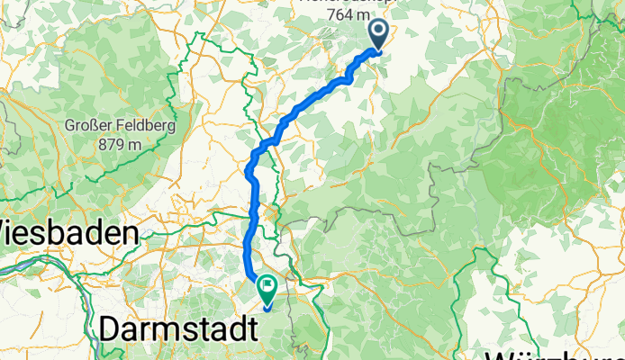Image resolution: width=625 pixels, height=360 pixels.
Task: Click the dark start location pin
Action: coord(376,33)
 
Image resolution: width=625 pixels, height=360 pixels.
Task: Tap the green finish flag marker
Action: coord(267,288)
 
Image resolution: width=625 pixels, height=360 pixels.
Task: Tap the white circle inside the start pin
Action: coord(376,31)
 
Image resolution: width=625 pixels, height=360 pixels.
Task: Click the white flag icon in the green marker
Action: coord(267,286)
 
